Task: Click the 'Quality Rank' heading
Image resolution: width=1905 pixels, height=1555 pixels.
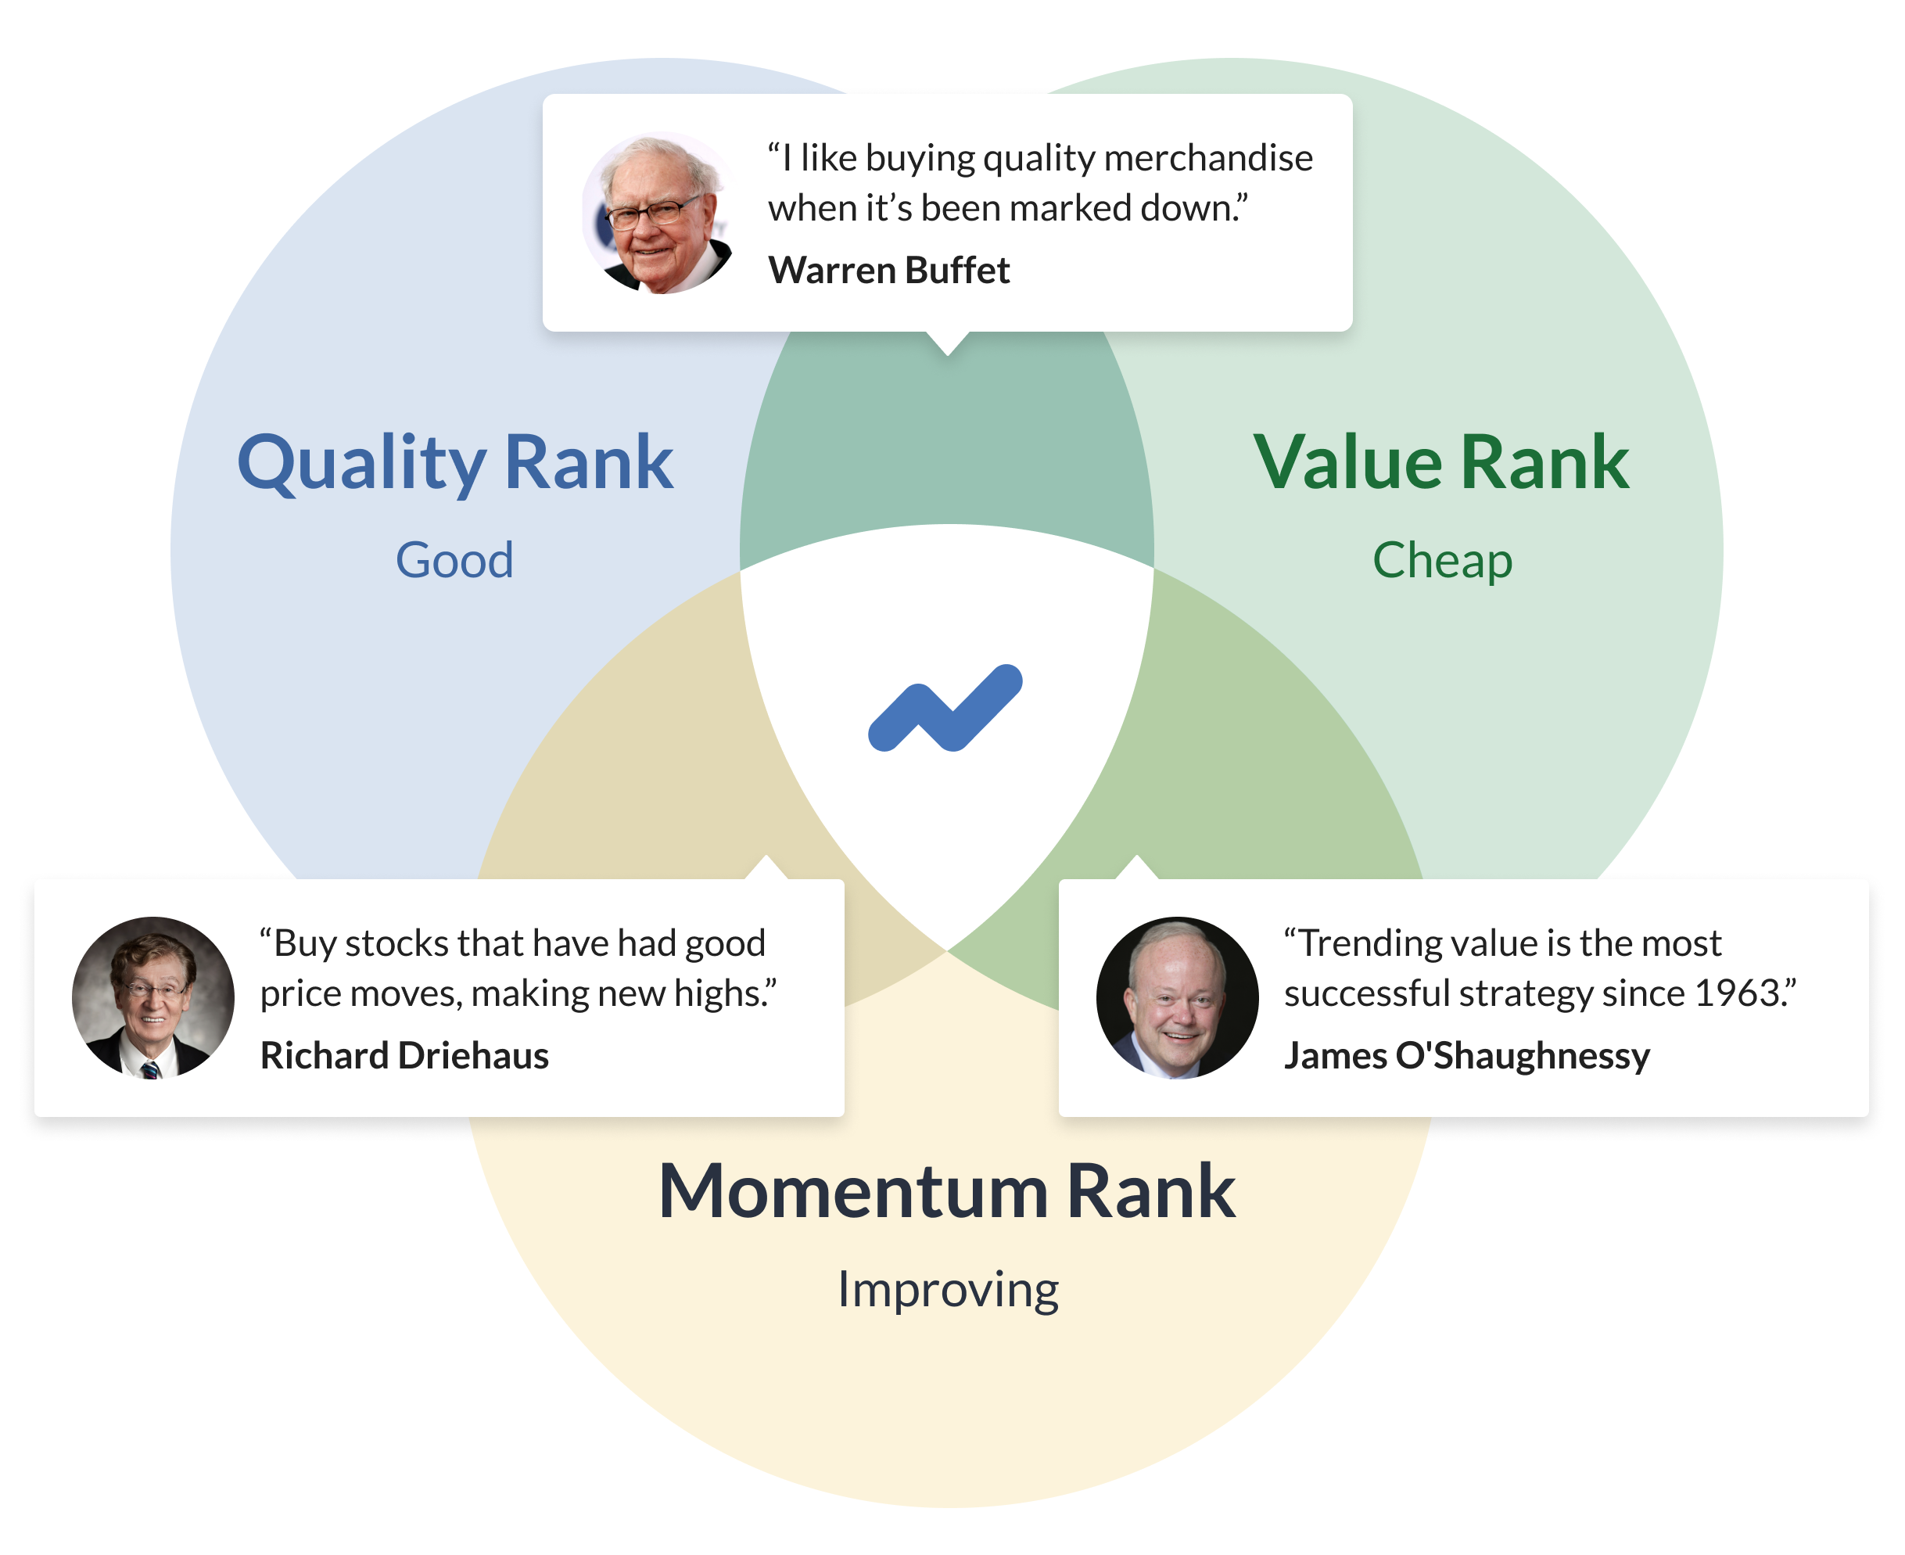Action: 454,462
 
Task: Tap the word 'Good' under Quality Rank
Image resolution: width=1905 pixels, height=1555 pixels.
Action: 454,561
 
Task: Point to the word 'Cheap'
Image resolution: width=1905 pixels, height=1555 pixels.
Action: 1442,561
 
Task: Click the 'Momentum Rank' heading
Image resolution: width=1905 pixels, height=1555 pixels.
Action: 947,1192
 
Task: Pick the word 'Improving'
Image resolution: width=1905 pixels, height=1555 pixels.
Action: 948,1290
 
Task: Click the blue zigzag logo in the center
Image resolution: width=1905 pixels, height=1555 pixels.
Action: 945,709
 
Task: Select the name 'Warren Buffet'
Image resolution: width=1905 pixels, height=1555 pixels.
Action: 888,271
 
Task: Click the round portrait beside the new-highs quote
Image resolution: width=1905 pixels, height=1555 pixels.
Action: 153,997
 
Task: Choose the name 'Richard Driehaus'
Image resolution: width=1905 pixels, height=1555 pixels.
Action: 404,1056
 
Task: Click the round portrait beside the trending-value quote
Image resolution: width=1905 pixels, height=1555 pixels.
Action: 1177,997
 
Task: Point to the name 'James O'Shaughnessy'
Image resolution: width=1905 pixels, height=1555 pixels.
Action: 1466,1056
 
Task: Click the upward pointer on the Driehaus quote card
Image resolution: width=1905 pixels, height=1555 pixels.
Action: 766,868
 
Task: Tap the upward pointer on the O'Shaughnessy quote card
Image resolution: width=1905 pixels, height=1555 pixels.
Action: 1136,868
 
